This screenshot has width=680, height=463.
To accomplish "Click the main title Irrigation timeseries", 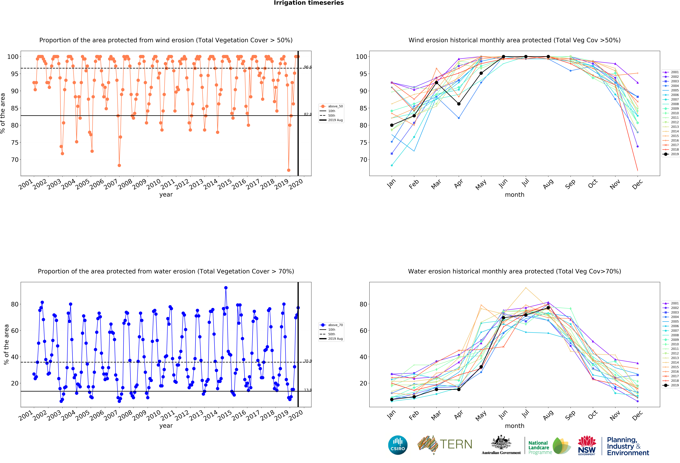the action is click(x=309, y=3).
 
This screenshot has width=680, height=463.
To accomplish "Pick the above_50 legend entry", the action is click(x=331, y=106).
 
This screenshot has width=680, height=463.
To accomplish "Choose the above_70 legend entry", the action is click(x=331, y=325).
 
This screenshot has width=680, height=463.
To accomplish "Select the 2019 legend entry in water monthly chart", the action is click(x=671, y=385).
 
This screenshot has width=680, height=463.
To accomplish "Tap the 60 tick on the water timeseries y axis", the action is click(x=15, y=331).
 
